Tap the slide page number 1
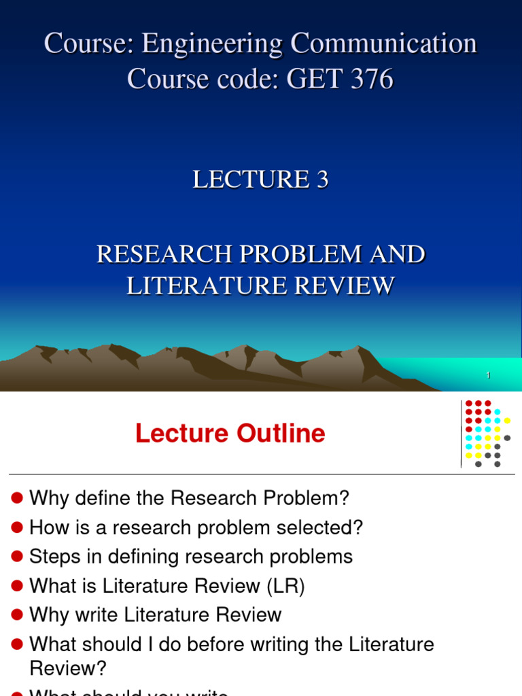(489, 376)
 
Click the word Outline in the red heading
(281, 434)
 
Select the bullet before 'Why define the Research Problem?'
(18, 499)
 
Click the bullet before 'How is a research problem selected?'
(18, 528)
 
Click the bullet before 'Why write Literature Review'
(18, 616)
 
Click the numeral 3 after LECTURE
(321, 179)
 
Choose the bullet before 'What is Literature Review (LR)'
(18, 587)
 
